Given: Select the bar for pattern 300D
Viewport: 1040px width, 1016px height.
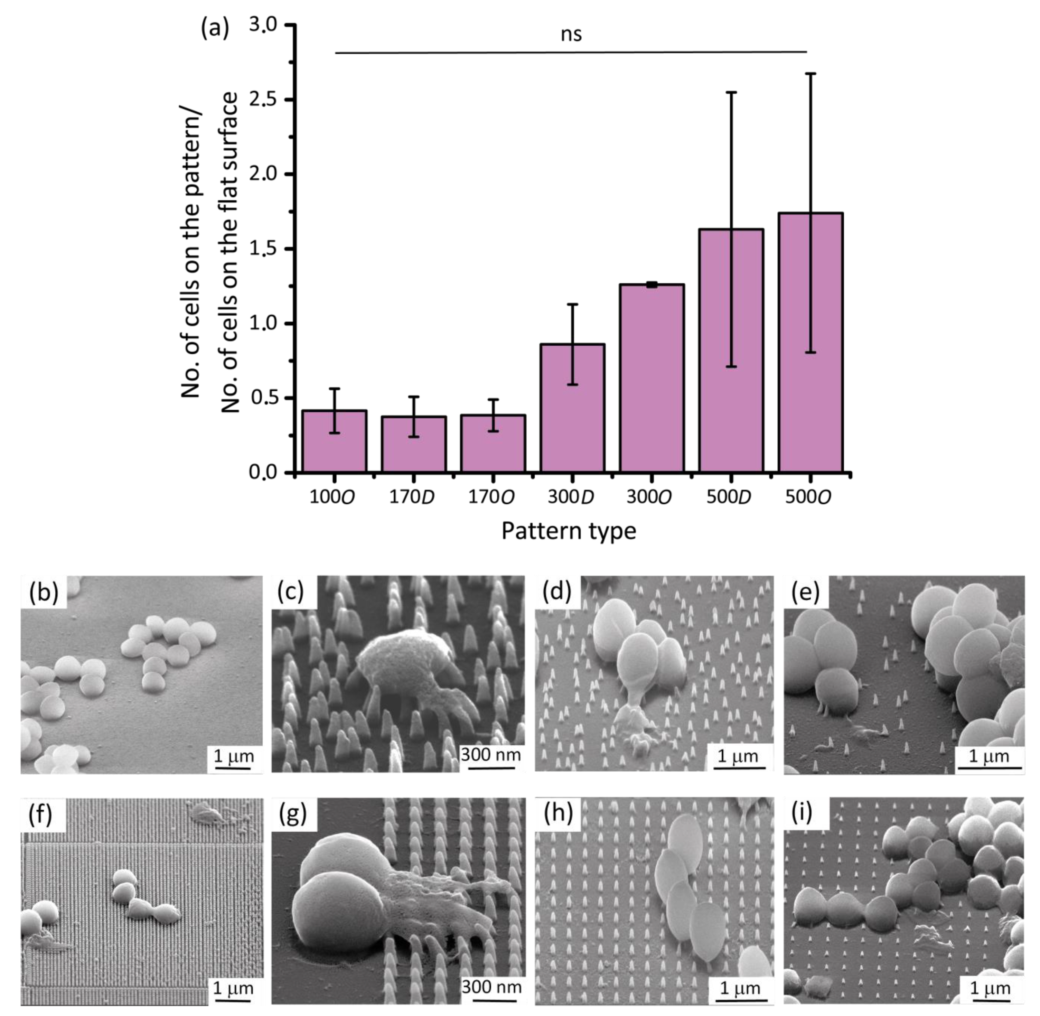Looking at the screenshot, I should click(x=572, y=408).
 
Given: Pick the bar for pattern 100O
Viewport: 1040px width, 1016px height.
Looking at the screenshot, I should click(x=334, y=441).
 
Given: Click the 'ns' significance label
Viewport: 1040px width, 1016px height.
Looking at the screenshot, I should click(x=571, y=35).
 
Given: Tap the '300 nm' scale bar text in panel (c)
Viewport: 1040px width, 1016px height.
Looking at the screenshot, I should click(x=491, y=755).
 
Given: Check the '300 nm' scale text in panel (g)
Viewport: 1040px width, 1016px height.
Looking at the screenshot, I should click(x=491, y=987).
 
